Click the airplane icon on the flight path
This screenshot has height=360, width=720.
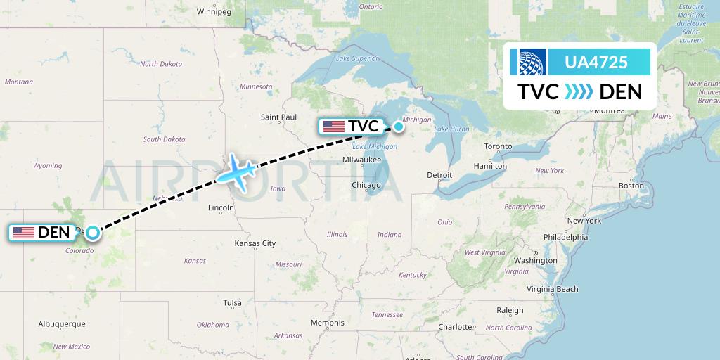[x=238, y=171]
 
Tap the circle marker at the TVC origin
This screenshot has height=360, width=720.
[x=399, y=127]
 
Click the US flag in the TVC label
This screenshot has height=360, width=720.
[x=334, y=127]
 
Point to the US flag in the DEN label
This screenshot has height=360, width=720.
[x=24, y=232]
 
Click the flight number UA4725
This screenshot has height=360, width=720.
[x=596, y=63]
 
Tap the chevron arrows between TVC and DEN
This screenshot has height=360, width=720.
[x=579, y=92]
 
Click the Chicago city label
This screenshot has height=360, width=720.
[x=366, y=185]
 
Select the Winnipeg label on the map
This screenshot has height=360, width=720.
[x=214, y=12]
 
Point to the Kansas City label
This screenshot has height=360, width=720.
[x=255, y=243]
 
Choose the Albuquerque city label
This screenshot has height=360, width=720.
[x=62, y=323]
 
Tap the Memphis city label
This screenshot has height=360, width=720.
[x=328, y=323]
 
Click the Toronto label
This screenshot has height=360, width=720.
[x=499, y=147]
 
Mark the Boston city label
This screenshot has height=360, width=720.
[x=631, y=185]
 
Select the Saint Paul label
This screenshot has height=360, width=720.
[x=279, y=117]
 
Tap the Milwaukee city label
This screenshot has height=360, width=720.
[x=363, y=160]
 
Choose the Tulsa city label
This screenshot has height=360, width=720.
[x=232, y=302]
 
